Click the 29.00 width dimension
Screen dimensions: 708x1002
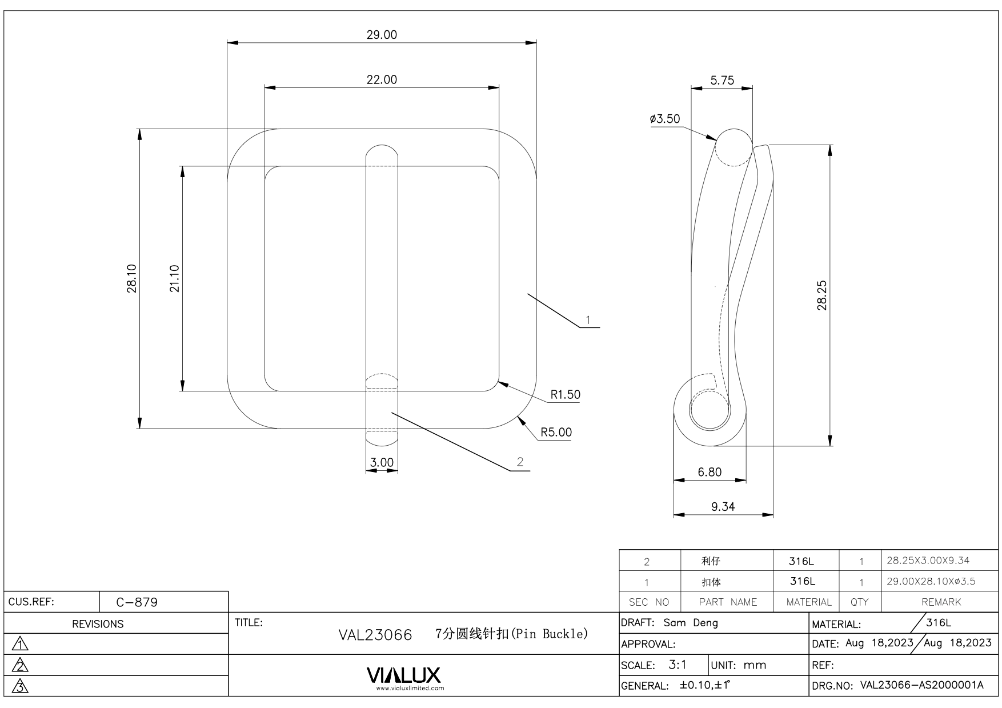pyautogui.click(x=382, y=35)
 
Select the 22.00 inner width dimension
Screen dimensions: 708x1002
pyautogui.click(x=382, y=80)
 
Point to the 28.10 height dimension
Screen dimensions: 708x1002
pyautogui.click(x=132, y=278)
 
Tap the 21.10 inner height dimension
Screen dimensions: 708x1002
pyautogui.click(x=174, y=278)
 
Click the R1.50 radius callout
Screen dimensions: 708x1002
pyautogui.click(x=565, y=395)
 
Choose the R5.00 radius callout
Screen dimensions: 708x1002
pyautogui.click(x=556, y=433)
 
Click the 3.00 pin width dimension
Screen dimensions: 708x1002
pyautogui.click(x=382, y=463)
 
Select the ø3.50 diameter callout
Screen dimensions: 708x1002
pyautogui.click(x=665, y=119)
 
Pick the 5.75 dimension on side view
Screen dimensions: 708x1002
pyautogui.click(x=722, y=81)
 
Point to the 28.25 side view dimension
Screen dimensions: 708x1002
pyautogui.click(x=822, y=295)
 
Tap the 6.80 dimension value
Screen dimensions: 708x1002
pyautogui.click(x=710, y=473)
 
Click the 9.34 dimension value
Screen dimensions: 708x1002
pyautogui.click(x=723, y=507)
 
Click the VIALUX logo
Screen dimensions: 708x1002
pyautogui.click(x=404, y=675)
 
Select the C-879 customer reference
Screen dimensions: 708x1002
pyautogui.click(x=137, y=602)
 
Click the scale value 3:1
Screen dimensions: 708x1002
pyautogui.click(x=678, y=665)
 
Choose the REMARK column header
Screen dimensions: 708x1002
pyautogui.click(x=941, y=602)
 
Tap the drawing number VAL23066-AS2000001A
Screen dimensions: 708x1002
pyautogui.click(x=921, y=685)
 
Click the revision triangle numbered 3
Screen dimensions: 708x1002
pyautogui.click(x=21, y=686)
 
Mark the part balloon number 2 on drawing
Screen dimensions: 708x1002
pyautogui.click(x=520, y=462)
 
